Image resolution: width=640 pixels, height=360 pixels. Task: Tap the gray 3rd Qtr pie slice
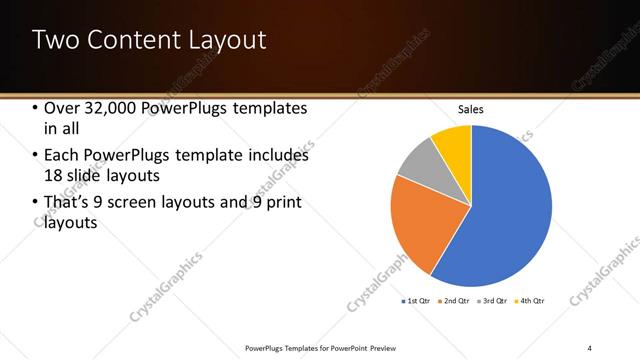coord(420,159)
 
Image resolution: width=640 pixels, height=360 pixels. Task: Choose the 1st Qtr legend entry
coord(417,300)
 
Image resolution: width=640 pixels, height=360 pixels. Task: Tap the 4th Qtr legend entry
coord(530,300)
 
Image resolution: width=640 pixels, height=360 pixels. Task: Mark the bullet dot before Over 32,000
coord(36,108)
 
